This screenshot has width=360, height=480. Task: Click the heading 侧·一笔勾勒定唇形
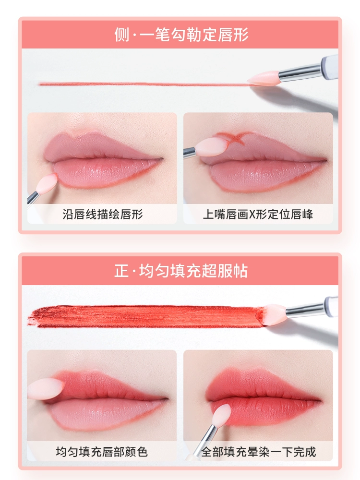pos(181,34)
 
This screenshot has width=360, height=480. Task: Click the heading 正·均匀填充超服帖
pos(181,271)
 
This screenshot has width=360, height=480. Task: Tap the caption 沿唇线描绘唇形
pos(103,214)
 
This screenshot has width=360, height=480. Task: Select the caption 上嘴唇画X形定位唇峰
pos(258,214)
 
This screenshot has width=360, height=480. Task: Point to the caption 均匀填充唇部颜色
pos(102,452)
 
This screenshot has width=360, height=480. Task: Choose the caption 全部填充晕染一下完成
pos(258,452)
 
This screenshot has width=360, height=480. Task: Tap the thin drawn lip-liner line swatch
pos(144,84)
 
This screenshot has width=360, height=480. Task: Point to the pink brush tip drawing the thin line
pos(263,78)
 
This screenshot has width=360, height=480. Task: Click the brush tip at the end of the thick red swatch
pos(274,315)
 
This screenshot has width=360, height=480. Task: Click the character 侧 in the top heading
pos(122,34)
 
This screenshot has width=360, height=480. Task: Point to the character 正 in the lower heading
pos(121,271)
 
